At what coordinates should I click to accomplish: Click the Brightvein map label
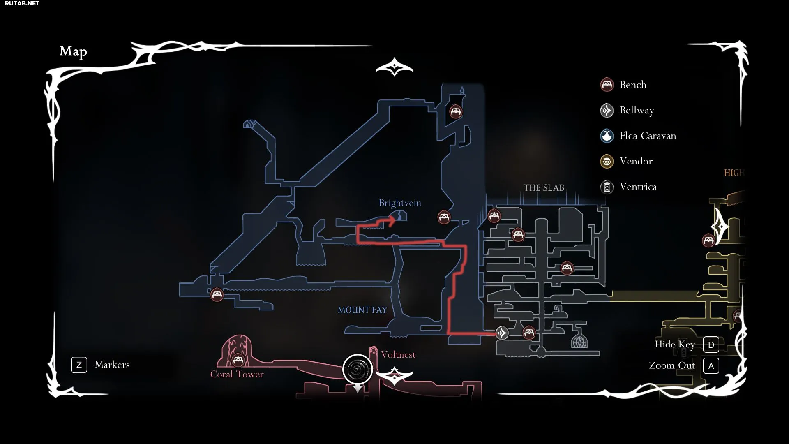400,203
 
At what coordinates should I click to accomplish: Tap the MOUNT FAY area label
362,310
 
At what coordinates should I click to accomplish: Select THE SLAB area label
544,188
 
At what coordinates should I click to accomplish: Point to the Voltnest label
398,355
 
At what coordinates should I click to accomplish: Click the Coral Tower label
237,374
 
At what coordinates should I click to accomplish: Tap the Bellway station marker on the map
502,333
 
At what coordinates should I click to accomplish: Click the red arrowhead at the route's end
391,221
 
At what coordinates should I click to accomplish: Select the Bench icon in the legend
607,85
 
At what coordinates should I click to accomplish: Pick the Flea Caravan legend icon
607,136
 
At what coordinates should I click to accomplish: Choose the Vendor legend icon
607,161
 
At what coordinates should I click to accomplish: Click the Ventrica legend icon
607,187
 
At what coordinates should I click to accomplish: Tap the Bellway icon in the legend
607,110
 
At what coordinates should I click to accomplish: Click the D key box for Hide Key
711,345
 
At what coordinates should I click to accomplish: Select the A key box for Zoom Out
711,366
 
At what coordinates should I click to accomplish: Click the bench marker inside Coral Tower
238,361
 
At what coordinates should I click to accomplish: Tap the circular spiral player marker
358,369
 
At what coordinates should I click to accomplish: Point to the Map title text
73,51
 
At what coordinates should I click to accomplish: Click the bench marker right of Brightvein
444,217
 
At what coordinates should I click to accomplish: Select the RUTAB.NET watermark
22,3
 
